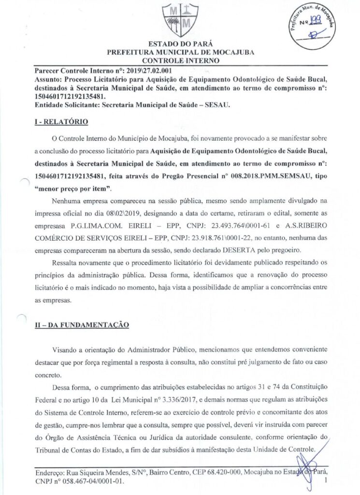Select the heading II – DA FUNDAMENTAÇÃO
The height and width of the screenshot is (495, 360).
(81, 325)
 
